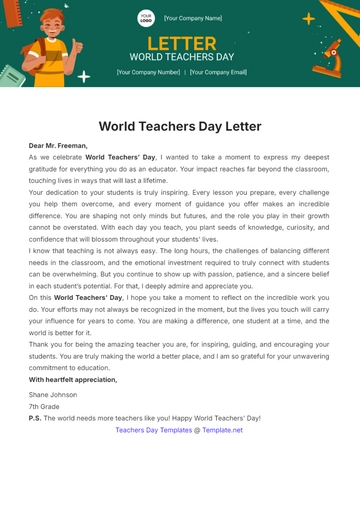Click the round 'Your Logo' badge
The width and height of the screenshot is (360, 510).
coord(146,18)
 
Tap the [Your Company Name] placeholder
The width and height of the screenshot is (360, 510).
coord(193,18)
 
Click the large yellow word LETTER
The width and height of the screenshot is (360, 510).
coord(181,43)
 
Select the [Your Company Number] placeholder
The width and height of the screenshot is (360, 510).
coord(148,72)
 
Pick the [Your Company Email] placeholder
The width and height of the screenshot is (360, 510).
coord(218,72)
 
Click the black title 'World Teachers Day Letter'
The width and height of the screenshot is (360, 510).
coord(180,126)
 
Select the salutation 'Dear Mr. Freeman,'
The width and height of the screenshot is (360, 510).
coord(58,146)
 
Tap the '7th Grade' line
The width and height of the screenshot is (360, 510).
coord(43,407)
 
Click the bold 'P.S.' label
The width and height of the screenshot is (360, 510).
coord(34,418)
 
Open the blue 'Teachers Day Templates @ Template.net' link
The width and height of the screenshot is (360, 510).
coord(179,430)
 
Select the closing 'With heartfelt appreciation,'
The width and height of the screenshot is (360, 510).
coord(72,380)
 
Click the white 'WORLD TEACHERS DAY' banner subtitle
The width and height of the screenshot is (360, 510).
coord(181,58)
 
